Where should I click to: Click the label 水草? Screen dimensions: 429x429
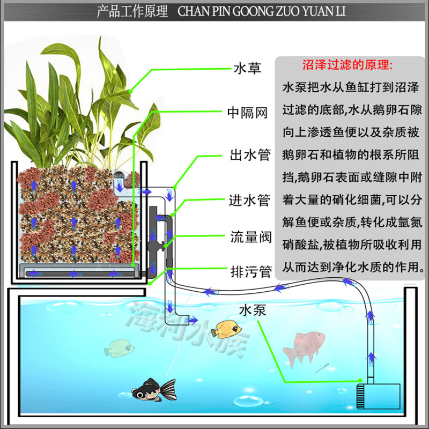247,69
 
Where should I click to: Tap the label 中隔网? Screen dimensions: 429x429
247,113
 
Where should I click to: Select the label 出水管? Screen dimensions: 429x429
247,157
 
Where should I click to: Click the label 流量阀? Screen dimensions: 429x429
247,236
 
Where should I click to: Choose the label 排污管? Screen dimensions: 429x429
247,271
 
